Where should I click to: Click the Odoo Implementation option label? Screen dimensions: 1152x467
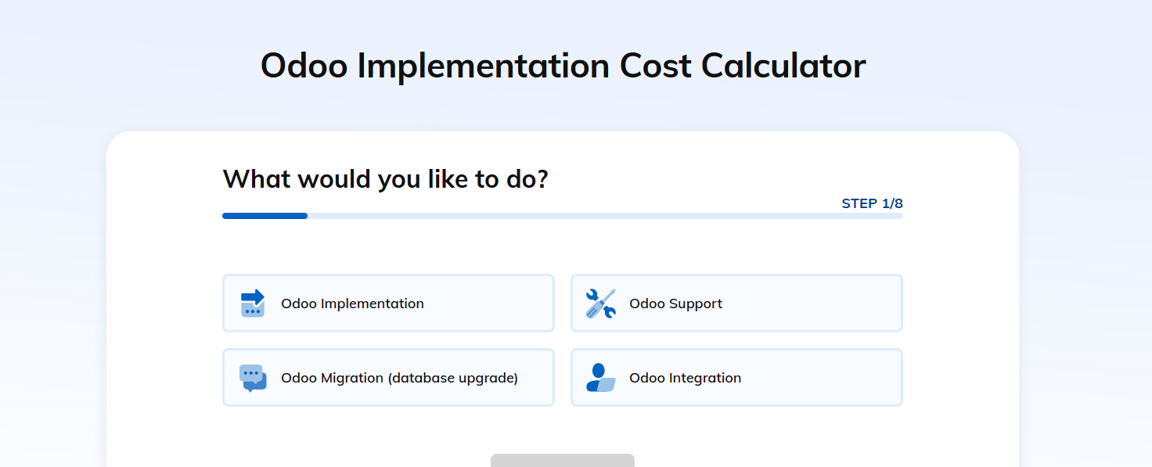pos(352,304)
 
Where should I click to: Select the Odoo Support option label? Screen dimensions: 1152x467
pos(675,304)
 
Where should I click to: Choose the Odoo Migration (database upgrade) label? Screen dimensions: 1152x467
pos(400,378)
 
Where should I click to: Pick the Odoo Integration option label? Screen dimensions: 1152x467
pos(685,378)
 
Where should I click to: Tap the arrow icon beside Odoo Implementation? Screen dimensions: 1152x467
pos(253,303)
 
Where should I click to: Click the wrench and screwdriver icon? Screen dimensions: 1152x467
pos(601,304)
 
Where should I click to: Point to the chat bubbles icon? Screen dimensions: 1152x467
pos(253,378)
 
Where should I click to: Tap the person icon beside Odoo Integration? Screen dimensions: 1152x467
pos(601,378)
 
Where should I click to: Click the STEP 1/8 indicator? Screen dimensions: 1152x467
pos(873,203)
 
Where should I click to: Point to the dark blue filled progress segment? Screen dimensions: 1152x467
pos(265,216)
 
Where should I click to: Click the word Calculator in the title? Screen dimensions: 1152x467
pos(783,66)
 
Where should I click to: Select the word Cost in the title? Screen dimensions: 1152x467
pos(655,66)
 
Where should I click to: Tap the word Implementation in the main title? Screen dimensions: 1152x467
pos(484,66)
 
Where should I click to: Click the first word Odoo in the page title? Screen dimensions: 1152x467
pos(304,66)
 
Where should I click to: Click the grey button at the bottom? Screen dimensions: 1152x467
pos(563,460)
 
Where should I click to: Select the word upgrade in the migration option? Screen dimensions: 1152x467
pos(488,379)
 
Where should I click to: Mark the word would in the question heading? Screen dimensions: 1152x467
pos(333,179)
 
